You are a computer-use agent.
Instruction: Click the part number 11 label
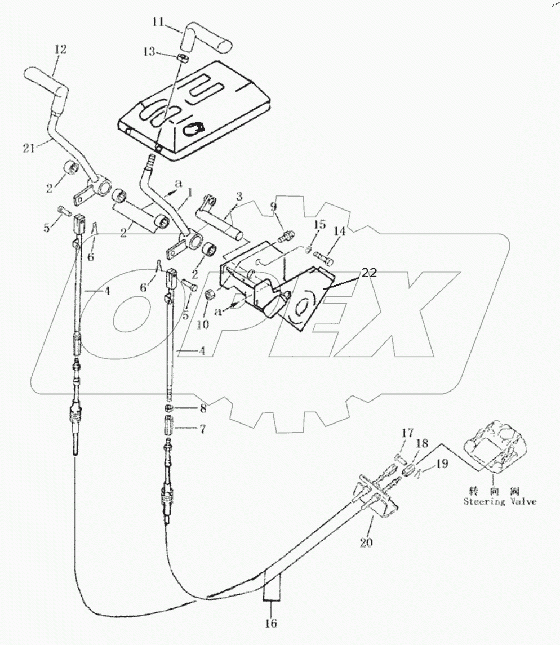[x=159, y=23]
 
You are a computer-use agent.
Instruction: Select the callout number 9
[x=275, y=206]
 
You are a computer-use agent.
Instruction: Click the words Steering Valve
[x=500, y=501]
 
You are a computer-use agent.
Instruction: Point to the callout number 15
[x=319, y=225]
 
